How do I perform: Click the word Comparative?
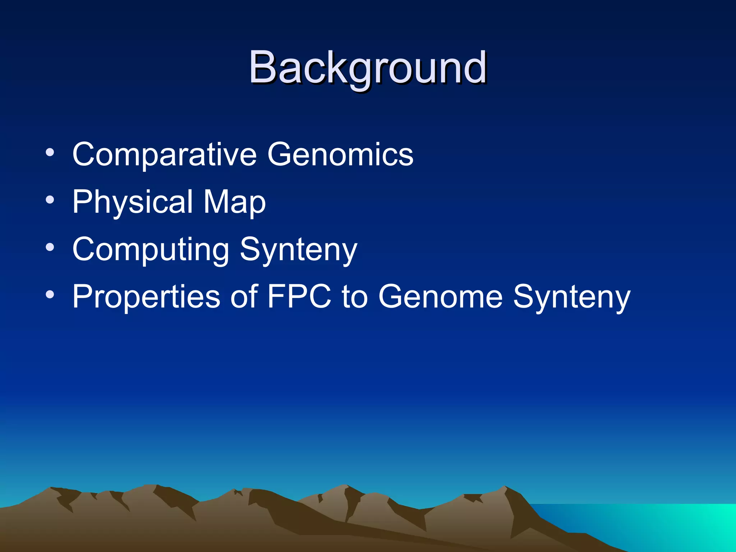pos(164,155)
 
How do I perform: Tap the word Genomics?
pos(340,155)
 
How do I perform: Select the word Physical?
pos(133,202)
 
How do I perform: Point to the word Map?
pos(234,202)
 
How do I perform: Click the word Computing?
pos(151,250)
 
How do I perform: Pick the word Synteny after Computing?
pos(298,251)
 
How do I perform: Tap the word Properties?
pos(146,298)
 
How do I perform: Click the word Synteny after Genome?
pos(571,298)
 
